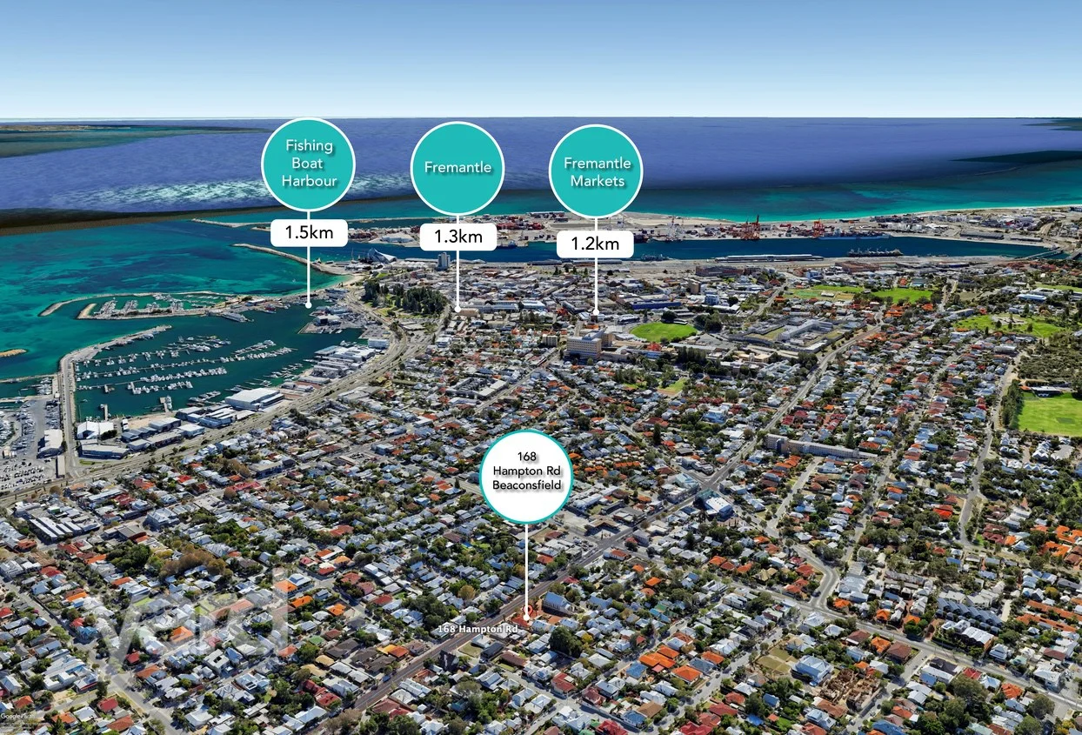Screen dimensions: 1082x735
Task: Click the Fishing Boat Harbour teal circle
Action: click(309, 164)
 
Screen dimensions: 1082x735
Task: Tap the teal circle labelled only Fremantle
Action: click(458, 168)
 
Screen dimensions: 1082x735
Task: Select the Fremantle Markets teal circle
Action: click(597, 171)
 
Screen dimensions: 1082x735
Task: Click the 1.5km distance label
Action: click(309, 232)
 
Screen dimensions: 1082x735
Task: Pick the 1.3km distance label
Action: click(458, 237)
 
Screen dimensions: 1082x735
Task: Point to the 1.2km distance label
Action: click(596, 244)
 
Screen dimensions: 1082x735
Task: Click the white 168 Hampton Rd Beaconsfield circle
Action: click(526, 477)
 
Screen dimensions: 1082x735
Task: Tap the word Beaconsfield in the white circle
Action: click(526, 484)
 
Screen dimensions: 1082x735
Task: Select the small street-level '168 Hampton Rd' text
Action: click(478, 627)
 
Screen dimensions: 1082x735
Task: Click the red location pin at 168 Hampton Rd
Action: click(527, 619)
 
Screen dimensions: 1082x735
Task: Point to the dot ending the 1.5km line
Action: click(309, 304)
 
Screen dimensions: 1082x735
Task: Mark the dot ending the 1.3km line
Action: click(458, 309)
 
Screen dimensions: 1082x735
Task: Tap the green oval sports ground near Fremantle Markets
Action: click(663, 331)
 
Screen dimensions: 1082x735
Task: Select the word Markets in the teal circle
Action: click(597, 181)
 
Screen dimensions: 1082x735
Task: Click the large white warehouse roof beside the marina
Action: click(254, 398)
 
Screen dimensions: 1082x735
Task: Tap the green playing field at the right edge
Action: click(1051, 413)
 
